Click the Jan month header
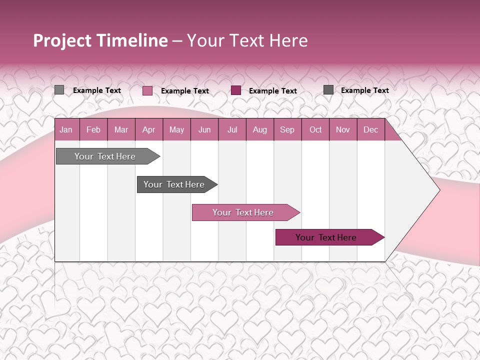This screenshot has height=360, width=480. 66,130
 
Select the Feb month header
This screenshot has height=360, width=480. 93,130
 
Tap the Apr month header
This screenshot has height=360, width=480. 149,130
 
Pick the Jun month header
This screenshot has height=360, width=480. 204,130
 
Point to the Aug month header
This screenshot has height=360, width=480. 260,130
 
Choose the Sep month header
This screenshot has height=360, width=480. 287,130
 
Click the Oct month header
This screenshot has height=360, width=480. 315,130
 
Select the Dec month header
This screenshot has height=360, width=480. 371,130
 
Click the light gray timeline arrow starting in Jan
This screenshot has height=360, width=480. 105,156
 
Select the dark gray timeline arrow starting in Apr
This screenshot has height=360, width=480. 174,184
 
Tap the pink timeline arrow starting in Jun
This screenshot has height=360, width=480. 243,212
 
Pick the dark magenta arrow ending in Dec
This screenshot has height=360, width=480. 326,237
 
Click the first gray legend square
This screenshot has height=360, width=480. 59,90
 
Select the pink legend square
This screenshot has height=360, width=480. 147,90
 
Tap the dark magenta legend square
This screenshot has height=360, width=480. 236,90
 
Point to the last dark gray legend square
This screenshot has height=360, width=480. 328,90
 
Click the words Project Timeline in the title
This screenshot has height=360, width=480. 100,40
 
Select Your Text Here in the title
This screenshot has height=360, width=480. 247,40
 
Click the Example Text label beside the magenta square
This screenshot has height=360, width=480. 273,91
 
